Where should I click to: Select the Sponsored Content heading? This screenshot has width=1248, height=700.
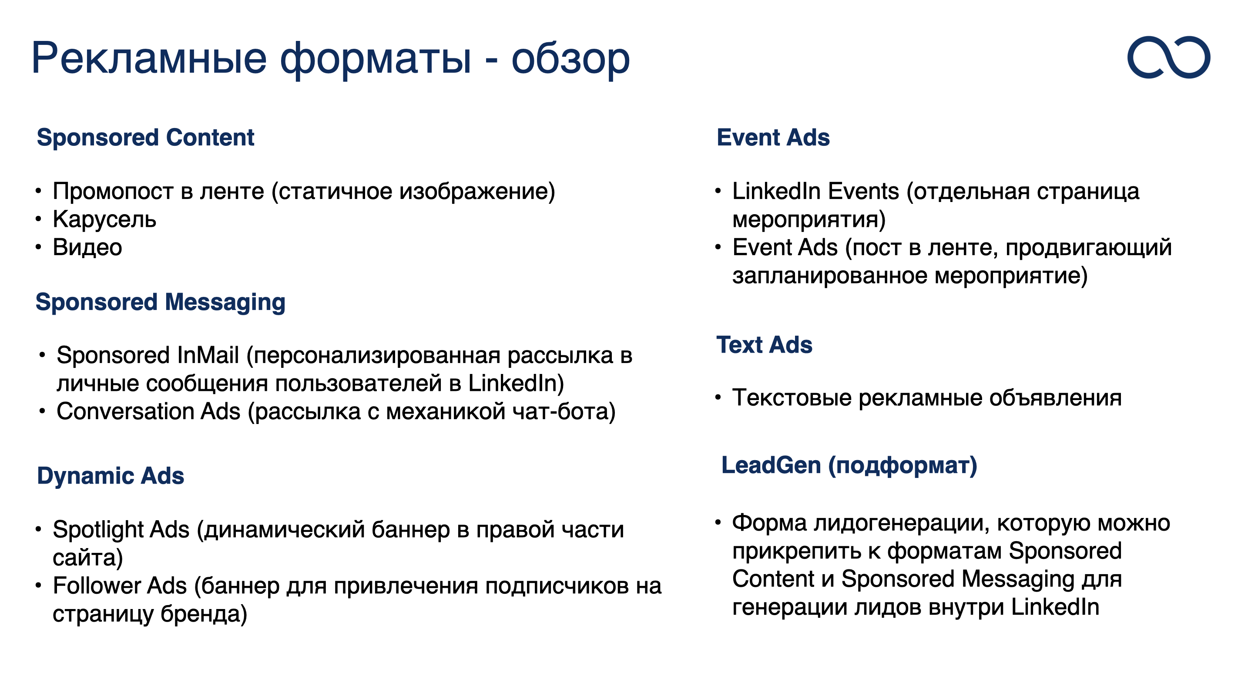[x=145, y=138]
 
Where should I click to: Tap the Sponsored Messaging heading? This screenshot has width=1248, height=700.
[x=161, y=303]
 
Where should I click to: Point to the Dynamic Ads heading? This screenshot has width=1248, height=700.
[x=111, y=475]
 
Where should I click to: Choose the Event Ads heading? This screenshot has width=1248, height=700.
[x=773, y=137]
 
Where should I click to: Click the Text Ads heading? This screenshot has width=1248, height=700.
[x=765, y=345]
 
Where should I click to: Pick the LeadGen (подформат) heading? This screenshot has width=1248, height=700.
[x=849, y=466]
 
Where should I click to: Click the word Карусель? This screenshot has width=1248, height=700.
[x=104, y=219]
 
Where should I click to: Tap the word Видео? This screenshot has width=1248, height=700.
[x=87, y=247]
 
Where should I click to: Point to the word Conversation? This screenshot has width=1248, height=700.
[x=149, y=411]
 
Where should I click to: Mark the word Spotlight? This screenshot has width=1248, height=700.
[x=121, y=530]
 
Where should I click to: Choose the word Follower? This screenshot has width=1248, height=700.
[x=120, y=586]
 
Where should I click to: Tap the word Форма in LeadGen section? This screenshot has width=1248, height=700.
[x=769, y=524]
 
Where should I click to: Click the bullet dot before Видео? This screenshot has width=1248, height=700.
[x=38, y=247]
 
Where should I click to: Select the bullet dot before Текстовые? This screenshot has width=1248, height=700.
[x=718, y=397]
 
